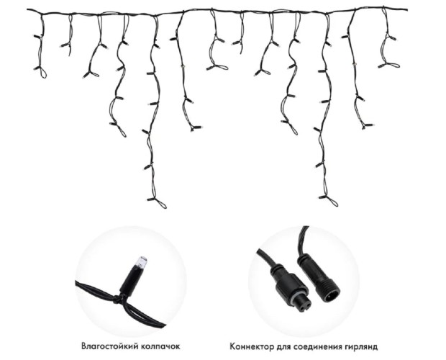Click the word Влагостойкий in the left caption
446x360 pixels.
[109, 346]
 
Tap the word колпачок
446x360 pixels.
[160, 346]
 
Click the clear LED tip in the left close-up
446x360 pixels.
[142, 262]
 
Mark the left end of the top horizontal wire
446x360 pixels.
[27, 9]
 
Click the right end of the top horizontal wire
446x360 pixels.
[407, 10]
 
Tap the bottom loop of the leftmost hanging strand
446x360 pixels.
[43, 73]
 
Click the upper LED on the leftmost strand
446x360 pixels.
[37, 37]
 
